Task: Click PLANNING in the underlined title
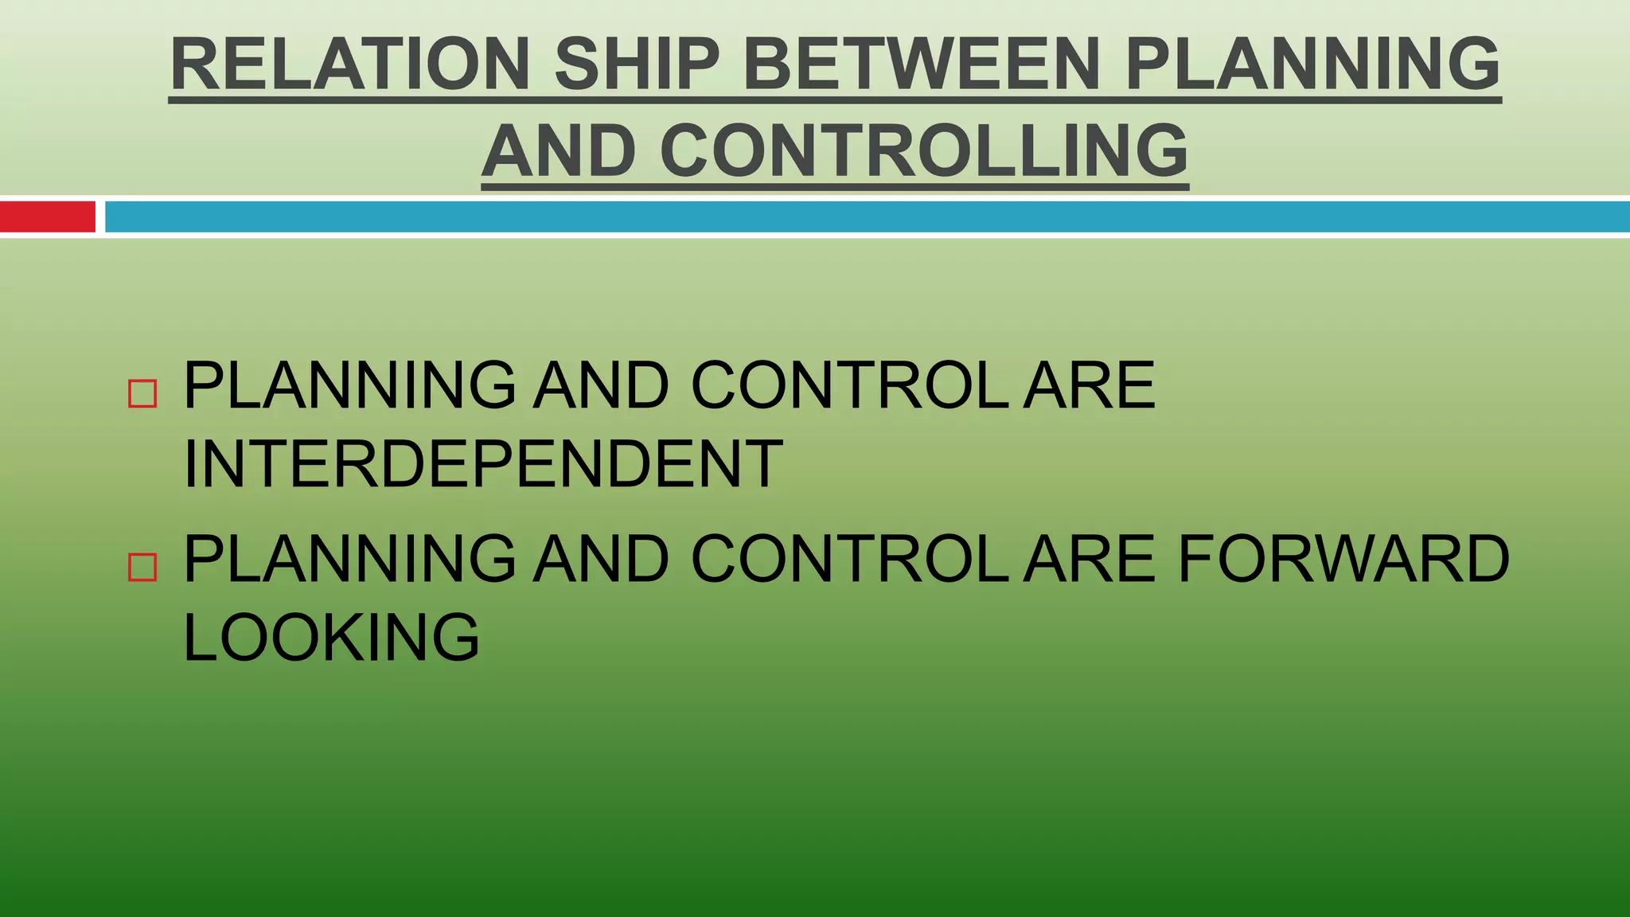pos(1312,64)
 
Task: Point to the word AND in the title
pos(559,151)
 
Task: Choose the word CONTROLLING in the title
pos(924,151)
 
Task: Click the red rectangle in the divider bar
pos(47,217)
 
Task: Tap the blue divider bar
pos(867,217)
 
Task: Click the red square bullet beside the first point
pos(142,393)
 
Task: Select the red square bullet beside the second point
pos(142,568)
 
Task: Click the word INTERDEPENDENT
pos(483,464)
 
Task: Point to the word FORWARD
pos(1343,559)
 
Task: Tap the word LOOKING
pos(332,637)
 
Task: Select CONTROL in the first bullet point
pos(849,385)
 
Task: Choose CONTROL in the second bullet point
pos(849,559)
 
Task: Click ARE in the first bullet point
pos(1089,385)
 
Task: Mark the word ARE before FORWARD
pos(1089,559)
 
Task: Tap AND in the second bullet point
pos(602,559)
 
